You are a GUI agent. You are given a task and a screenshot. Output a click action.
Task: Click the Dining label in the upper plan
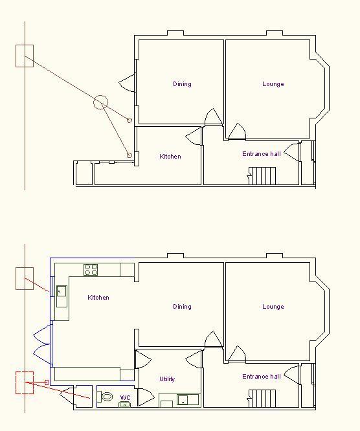pyautogui.click(x=182, y=84)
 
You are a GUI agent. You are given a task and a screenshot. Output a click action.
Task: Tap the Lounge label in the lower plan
pyautogui.click(x=273, y=307)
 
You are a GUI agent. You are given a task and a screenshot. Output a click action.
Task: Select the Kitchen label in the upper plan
pyautogui.click(x=170, y=157)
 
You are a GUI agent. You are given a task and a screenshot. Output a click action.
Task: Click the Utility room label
pyautogui.click(x=167, y=379)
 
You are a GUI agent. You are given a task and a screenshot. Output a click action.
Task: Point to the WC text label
pyautogui.click(x=125, y=398)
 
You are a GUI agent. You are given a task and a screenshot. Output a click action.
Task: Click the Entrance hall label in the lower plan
pyautogui.click(x=262, y=376)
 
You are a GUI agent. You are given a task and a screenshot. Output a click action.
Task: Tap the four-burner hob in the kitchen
pyautogui.click(x=91, y=270)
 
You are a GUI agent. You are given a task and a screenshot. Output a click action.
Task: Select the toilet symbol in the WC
pyautogui.click(x=106, y=397)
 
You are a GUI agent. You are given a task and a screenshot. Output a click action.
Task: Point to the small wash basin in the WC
pyautogui.click(x=124, y=404)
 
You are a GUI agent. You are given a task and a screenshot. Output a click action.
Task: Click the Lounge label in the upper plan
pyautogui.click(x=273, y=84)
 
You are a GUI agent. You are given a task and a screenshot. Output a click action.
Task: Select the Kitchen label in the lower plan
pyautogui.click(x=98, y=298)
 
